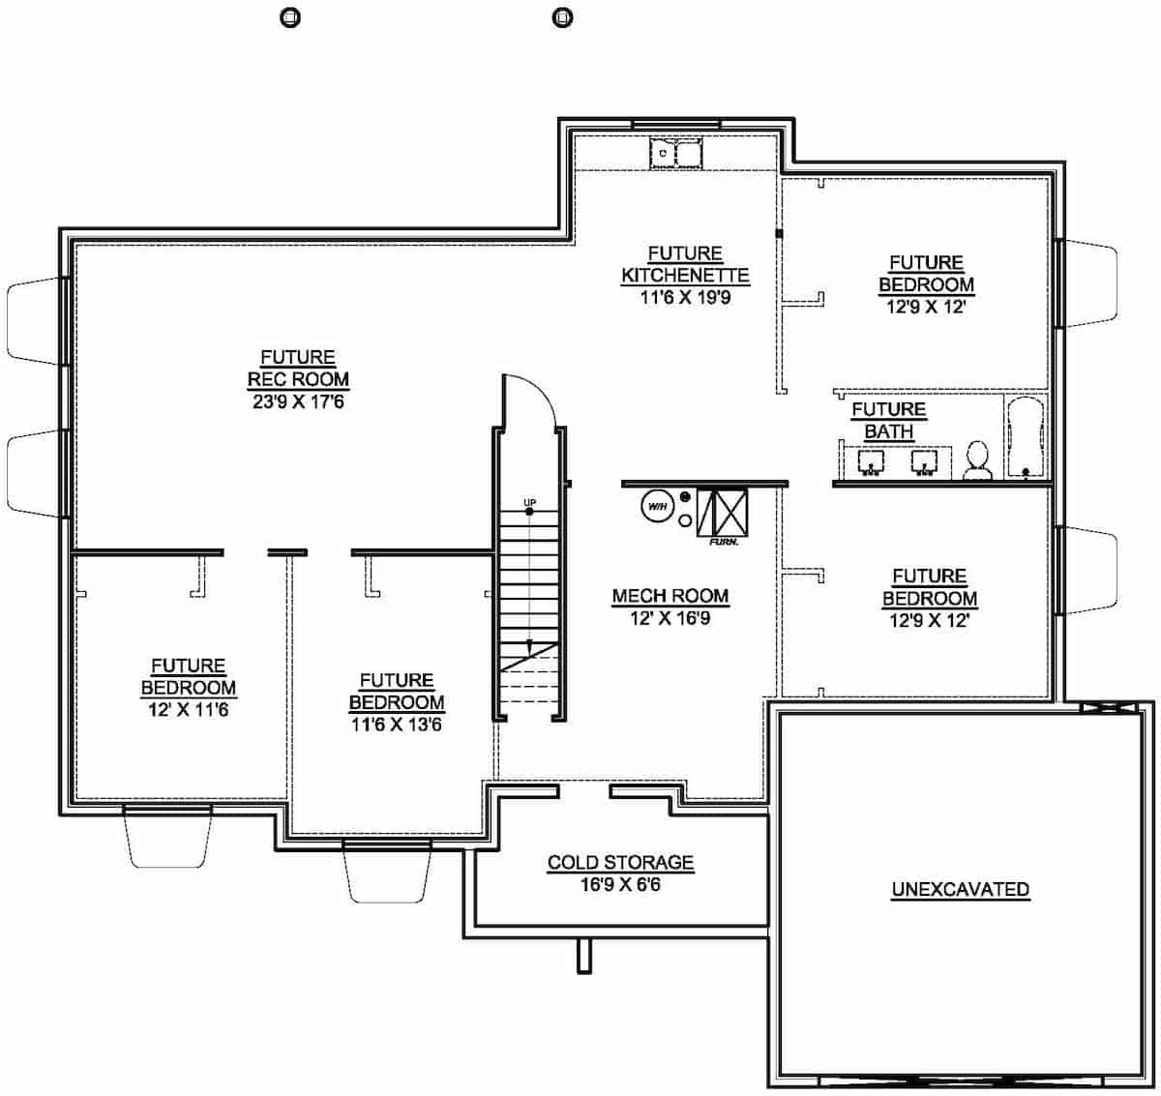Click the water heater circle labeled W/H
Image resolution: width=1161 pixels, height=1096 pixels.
pyautogui.click(x=657, y=506)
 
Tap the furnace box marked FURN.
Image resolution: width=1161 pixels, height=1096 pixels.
pyautogui.click(x=723, y=512)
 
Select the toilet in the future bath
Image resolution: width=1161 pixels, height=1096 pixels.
pyautogui.click(x=977, y=461)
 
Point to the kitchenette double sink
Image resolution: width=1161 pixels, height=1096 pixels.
pyautogui.click(x=675, y=153)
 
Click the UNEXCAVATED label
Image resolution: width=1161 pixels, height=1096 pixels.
pyautogui.click(x=960, y=889)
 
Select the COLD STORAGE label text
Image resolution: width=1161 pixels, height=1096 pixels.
pyautogui.click(x=620, y=862)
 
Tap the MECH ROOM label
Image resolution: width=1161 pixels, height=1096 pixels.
pyautogui.click(x=670, y=596)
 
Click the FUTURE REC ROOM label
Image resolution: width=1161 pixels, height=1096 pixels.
pyautogui.click(x=298, y=369)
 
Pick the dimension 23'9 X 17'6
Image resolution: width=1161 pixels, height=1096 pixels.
pyautogui.click(x=298, y=401)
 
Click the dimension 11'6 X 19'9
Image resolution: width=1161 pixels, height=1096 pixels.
pyautogui.click(x=685, y=298)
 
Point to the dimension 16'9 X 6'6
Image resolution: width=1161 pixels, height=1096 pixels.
pyautogui.click(x=620, y=884)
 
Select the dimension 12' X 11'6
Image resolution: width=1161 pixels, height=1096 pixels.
pyautogui.click(x=188, y=710)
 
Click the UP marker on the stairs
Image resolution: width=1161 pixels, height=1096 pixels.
pyautogui.click(x=529, y=503)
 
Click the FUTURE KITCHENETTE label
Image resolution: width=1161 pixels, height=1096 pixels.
pyautogui.click(x=685, y=265)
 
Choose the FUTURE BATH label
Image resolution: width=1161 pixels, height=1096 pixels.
pyautogui.click(x=888, y=421)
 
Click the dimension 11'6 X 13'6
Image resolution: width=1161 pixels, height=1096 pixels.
pyautogui.click(x=396, y=725)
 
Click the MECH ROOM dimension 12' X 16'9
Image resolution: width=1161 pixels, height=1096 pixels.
pyautogui.click(x=670, y=618)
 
